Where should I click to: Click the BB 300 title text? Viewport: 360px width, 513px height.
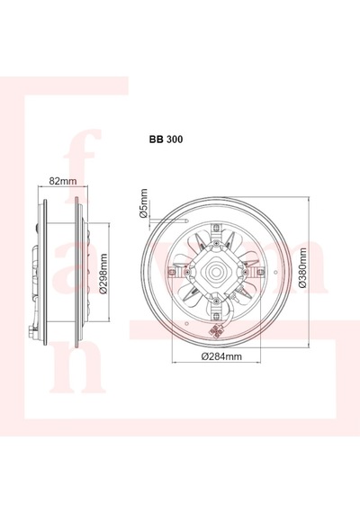pos(166,139)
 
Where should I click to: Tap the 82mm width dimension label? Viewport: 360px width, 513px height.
pos(62,181)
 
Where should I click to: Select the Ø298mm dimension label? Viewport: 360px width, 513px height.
pos(103,274)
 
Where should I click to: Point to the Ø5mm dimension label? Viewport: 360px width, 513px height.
pos(143,203)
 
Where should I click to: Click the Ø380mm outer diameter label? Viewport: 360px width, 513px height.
pos(302,267)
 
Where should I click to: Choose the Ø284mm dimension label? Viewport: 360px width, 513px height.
pos(221,356)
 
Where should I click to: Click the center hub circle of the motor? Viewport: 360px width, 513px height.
pos(216,272)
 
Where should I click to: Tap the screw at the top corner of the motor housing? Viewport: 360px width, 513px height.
pos(216,243)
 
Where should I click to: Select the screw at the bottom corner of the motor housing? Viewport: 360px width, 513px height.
pos(216,300)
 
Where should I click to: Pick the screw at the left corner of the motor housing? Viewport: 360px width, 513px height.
pos(187,272)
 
